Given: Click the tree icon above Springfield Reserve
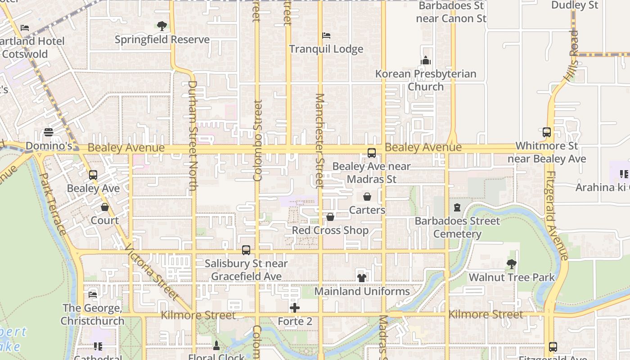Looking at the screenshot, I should tap(162, 26).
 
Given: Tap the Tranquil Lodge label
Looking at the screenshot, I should tap(326, 49).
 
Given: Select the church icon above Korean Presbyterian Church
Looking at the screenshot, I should tap(426, 60).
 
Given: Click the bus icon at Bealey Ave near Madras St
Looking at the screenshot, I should tap(372, 153).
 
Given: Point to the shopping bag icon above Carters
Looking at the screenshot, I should tap(367, 197).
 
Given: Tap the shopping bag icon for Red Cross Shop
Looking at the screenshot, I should tap(330, 217).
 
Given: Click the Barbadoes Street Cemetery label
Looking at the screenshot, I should tap(457, 227).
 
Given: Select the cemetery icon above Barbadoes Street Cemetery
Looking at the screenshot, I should tap(457, 207).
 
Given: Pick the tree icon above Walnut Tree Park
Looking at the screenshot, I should tap(511, 264).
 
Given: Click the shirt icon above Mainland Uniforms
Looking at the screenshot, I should tap(362, 278).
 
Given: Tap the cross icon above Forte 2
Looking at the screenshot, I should tap(295, 308).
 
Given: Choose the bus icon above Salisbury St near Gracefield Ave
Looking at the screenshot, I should tap(246, 250).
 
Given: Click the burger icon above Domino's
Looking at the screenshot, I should tap(49, 133).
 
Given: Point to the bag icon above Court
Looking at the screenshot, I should tap(105, 207).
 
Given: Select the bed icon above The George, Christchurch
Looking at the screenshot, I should tap(93, 295).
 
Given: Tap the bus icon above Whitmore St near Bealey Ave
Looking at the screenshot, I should tap(547, 133).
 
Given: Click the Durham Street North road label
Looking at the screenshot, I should tap(192, 135).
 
